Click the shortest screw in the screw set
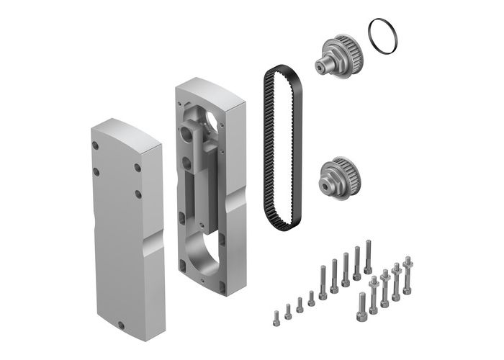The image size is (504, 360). pos(275,315)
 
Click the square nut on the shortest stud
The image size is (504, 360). pos(373,282)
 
